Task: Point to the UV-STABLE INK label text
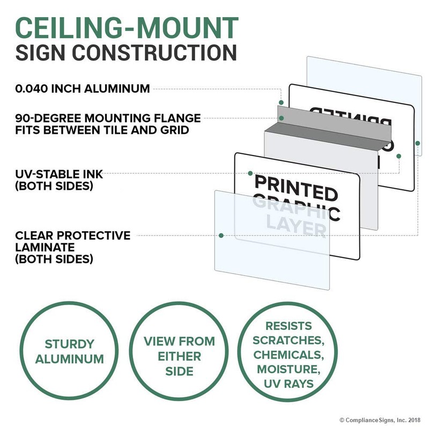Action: pyautogui.click(x=59, y=174)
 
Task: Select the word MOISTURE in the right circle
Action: pyautogui.click(x=289, y=369)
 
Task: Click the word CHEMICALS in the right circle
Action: pyautogui.click(x=289, y=354)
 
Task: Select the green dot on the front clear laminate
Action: pyautogui.click(x=220, y=235)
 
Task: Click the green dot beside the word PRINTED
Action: pyautogui.click(x=250, y=173)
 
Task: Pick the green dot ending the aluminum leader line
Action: pyautogui.click(x=280, y=102)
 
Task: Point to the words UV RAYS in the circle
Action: pyautogui.click(x=289, y=384)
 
